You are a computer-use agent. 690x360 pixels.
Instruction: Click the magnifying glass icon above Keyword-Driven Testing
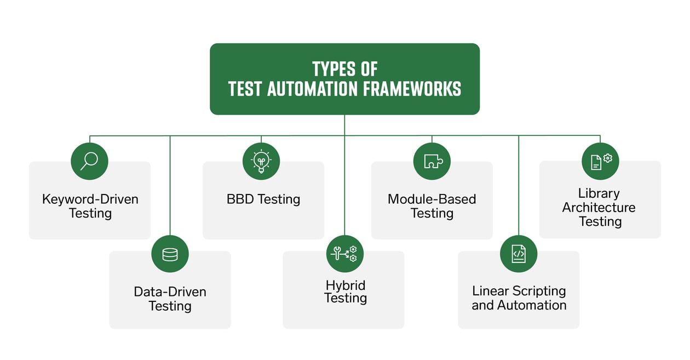click(x=90, y=161)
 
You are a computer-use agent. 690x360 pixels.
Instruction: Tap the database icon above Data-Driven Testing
click(x=170, y=254)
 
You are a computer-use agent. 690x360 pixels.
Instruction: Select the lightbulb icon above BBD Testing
click(x=261, y=161)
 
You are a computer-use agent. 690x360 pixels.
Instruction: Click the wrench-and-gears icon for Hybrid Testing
click(x=344, y=254)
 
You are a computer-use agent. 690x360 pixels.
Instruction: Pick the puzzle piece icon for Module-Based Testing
click(x=432, y=161)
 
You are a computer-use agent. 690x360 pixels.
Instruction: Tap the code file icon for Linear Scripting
click(x=519, y=254)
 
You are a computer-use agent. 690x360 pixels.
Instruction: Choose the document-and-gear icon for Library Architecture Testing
click(x=600, y=161)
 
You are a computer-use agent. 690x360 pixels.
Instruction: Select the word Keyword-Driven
click(x=90, y=198)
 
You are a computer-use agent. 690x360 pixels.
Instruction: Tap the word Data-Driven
click(x=170, y=292)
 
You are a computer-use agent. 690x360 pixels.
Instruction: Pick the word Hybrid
click(x=345, y=285)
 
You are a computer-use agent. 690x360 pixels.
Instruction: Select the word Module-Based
click(x=432, y=198)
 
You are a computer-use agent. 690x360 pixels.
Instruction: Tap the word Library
click(x=599, y=193)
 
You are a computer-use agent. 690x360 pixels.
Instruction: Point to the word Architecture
click(x=599, y=207)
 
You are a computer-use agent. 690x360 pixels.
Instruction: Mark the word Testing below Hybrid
click(x=345, y=298)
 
